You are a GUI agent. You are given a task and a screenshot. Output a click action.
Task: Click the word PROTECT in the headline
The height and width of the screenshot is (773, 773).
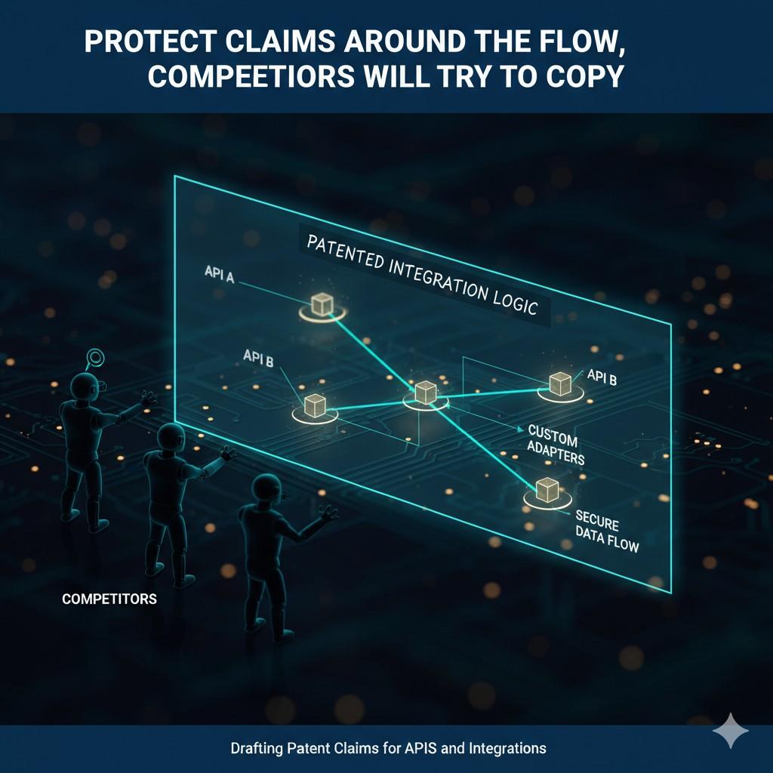150,42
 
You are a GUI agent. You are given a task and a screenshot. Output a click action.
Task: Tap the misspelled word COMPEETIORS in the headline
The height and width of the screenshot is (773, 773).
251,76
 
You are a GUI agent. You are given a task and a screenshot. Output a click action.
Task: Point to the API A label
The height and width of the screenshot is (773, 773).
220,274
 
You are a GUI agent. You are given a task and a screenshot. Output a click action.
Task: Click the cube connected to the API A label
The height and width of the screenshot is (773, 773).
322,304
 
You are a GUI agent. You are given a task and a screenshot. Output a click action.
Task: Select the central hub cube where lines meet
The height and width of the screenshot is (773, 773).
425,392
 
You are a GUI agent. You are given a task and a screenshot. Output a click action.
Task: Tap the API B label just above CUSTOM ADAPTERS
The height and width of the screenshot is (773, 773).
602,377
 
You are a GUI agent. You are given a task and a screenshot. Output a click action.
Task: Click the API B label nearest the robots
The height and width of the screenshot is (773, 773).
258,358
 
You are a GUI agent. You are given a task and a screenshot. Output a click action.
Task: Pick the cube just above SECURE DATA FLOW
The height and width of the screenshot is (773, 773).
547,489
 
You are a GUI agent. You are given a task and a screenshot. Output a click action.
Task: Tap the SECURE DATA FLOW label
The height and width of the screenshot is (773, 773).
607,531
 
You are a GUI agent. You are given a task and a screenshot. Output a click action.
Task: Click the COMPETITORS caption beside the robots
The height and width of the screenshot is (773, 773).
109,599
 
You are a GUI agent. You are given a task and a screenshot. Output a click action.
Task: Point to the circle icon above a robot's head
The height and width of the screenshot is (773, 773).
94,356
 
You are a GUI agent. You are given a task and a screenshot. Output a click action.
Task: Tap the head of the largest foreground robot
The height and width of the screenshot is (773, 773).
266,489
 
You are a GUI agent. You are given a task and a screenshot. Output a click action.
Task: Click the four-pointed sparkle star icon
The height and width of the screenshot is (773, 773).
731,731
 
